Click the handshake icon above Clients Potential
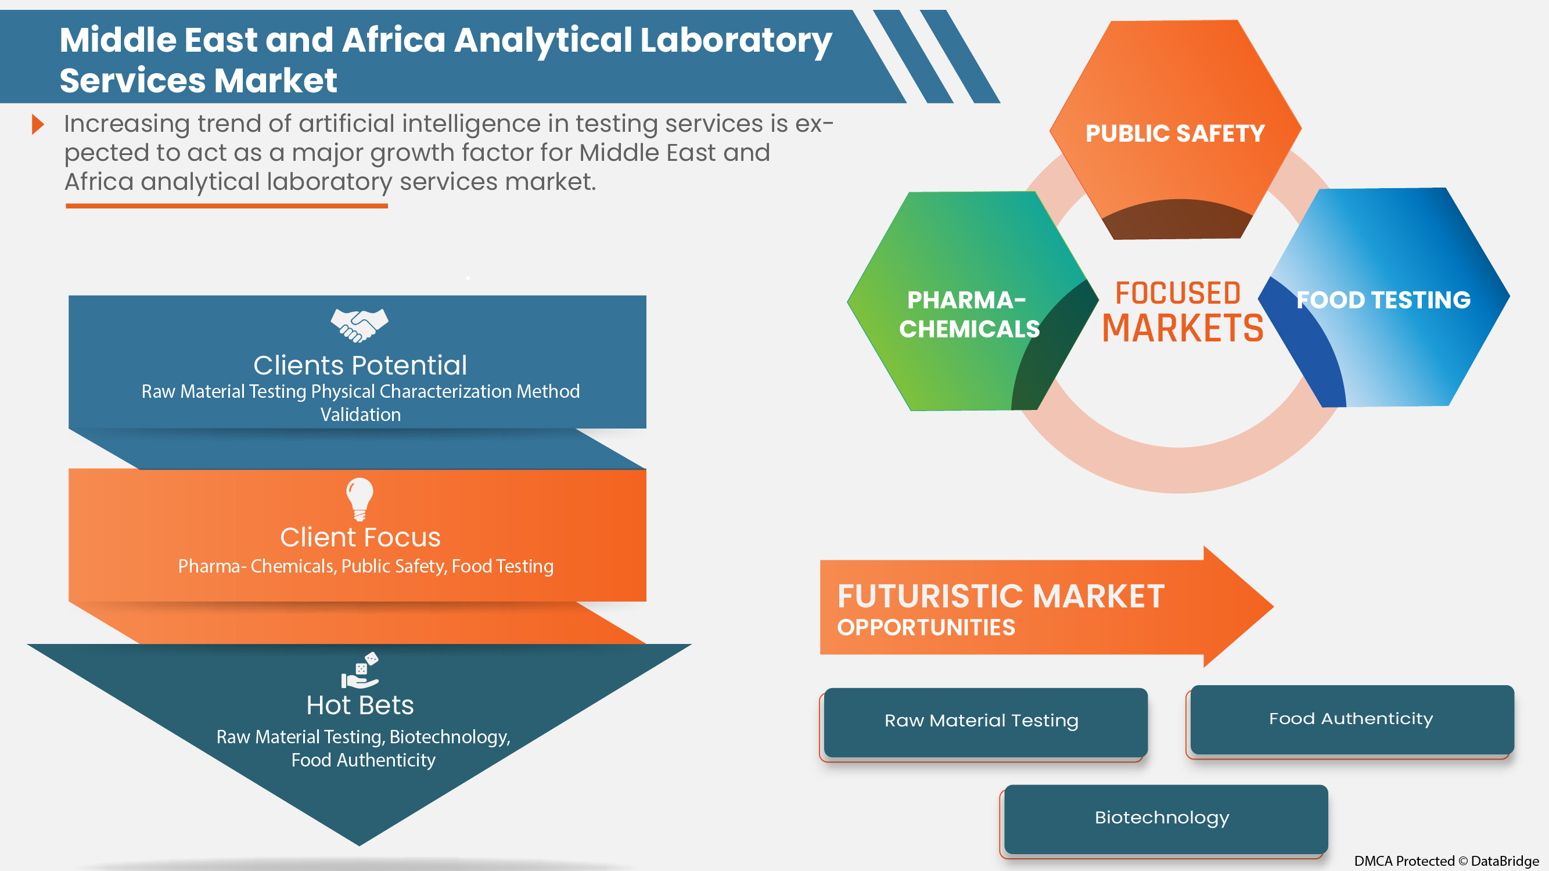pyautogui.click(x=360, y=325)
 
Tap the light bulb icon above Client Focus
pyautogui.click(x=360, y=498)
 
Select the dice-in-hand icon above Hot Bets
pyautogui.click(x=360, y=670)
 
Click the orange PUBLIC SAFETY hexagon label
pyautogui.click(x=1175, y=134)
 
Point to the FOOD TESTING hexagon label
pyautogui.click(x=1383, y=300)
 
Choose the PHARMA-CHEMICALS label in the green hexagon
pyautogui.click(x=969, y=314)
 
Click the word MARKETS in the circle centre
pyautogui.click(x=1182, y=329)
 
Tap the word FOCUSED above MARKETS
pyautogui.click(x=1178, y=293)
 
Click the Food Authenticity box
pyautogui.click(x=1351, y=719)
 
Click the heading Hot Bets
pyautogui.click(x=360, y=705)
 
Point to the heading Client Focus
pyautogui.click(x=360, y=537)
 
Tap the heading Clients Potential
pyautogui.click(x=360, y=365)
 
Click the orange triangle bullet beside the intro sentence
pyautogui.click(x=38, y=124)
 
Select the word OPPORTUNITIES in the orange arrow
pyautogui.click(x=926, y=628)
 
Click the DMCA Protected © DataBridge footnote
pyautogui.click(x=1446, y=861)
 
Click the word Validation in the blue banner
pyautogui.click(x=360, y=415)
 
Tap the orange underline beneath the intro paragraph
pyautogui.click(x=227, y=206)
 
